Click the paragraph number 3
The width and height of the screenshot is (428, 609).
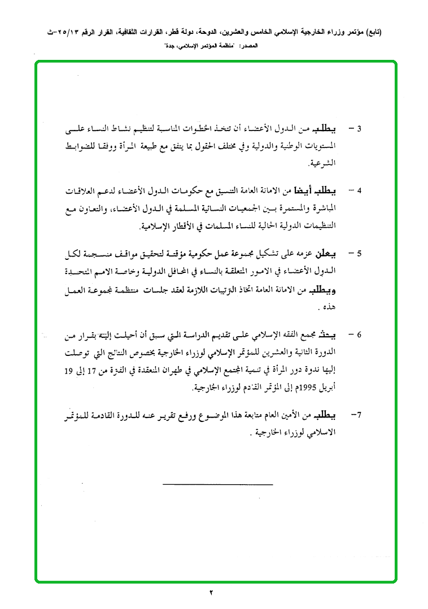point(359,128)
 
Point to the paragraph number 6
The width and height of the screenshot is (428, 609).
point(359,335)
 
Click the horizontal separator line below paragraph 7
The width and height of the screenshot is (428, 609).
point(217,484)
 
